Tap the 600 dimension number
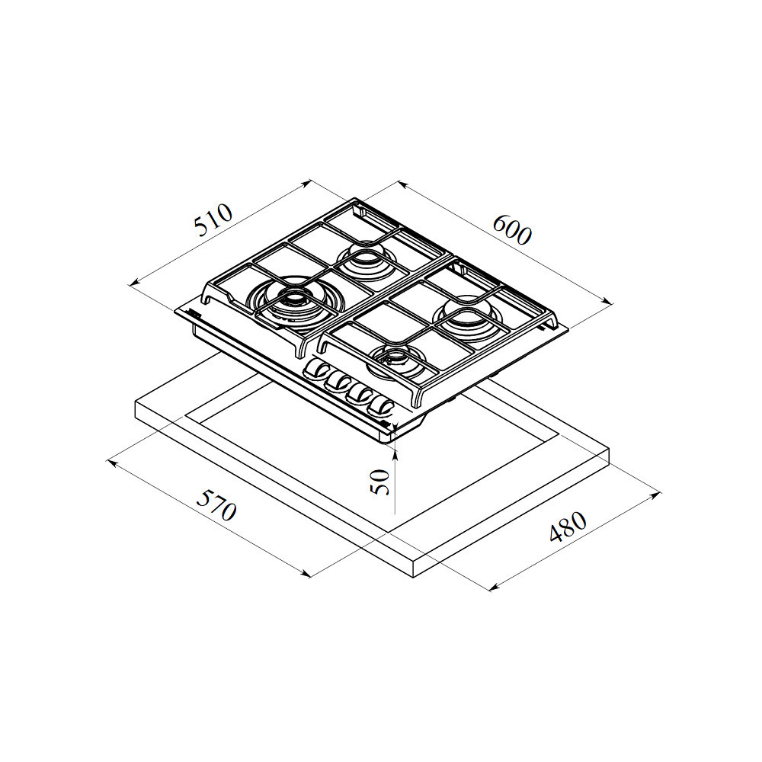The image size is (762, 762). [512, 229]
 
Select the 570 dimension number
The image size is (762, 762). [216, 504]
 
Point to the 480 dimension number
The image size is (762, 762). [568, 527]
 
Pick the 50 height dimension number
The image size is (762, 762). [380, 482]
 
